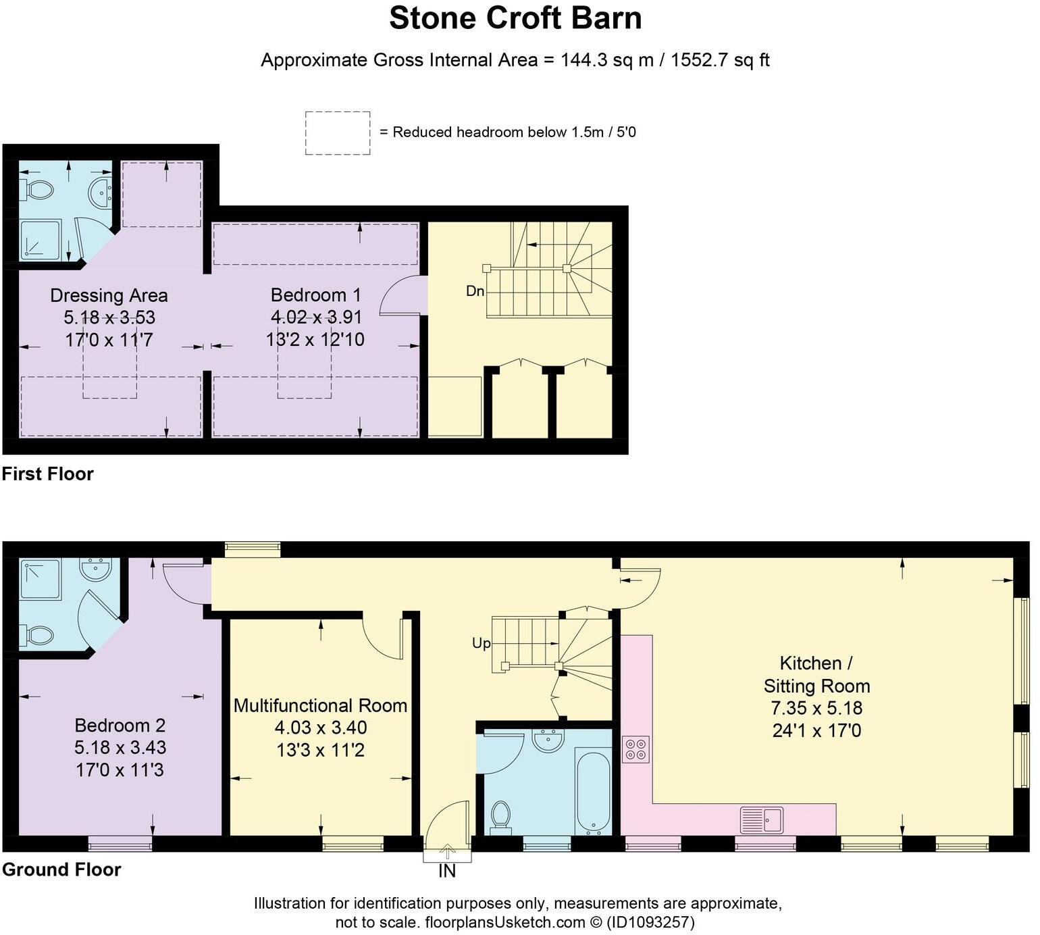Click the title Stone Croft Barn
515,18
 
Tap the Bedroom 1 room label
315,295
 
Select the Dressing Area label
109,296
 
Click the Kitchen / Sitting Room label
816,674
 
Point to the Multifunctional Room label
320,706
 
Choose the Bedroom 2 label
120,726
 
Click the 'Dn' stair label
475,291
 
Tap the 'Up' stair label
481,643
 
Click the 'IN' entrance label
447,871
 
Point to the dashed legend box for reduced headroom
337,133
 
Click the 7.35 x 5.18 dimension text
816,709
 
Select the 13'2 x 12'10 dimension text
315,339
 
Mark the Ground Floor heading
61,869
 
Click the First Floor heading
47,474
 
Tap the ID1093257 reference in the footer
651,922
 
